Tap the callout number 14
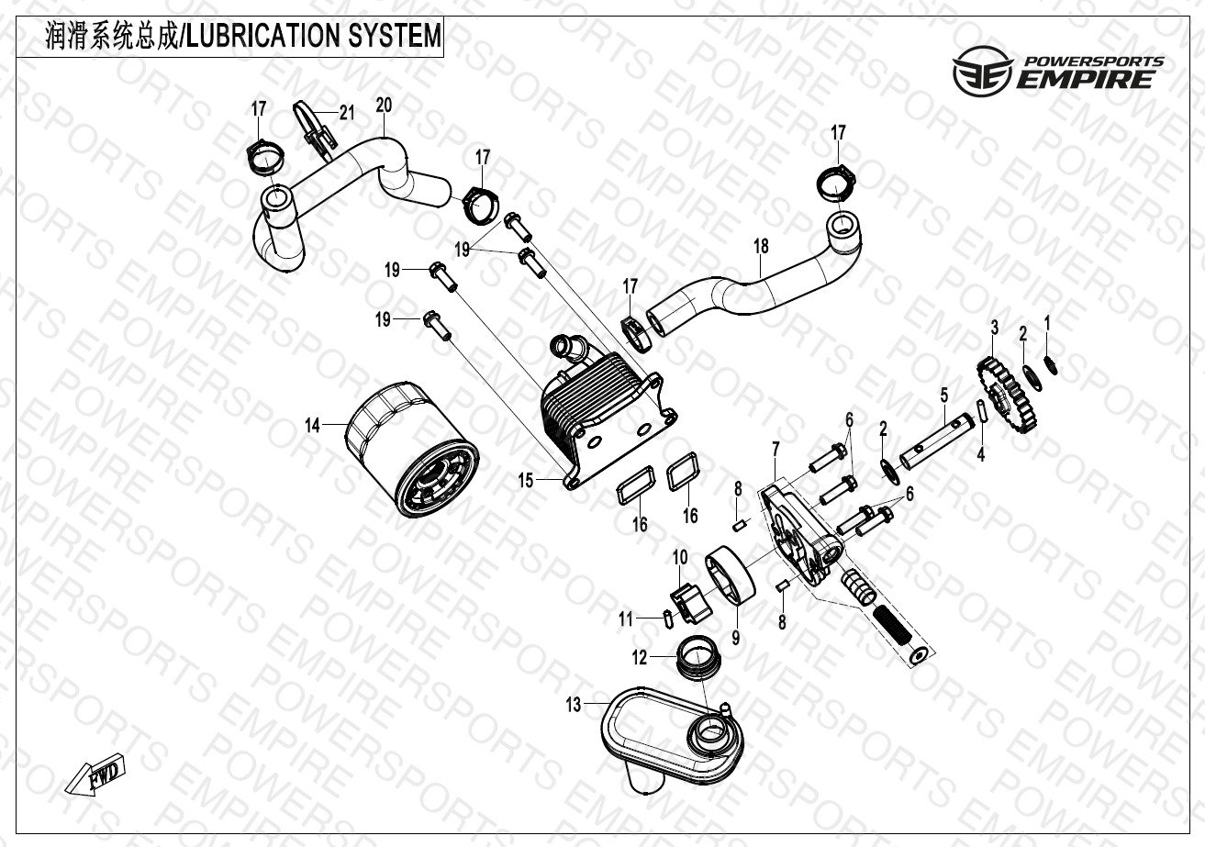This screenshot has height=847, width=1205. click(x=313, y=425)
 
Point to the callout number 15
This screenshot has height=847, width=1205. click(x=525, y=480)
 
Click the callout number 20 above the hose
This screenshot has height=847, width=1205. click(x=384, y=106)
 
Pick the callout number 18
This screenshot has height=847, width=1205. click(x=761, y=246)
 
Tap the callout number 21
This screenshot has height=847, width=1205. click(x=346, y=113)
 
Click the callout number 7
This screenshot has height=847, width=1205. click(x=775, y=449)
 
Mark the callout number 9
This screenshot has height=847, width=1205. click(x=735, y=634)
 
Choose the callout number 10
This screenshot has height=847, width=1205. click(x=680, y=557)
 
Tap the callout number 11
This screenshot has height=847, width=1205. click(x=626, y=619)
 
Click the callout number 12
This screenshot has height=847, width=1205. click(x=639, y=657)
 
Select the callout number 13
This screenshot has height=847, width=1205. click(x=574, y=705)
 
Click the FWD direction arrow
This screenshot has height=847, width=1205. click(x=95, y=778)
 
